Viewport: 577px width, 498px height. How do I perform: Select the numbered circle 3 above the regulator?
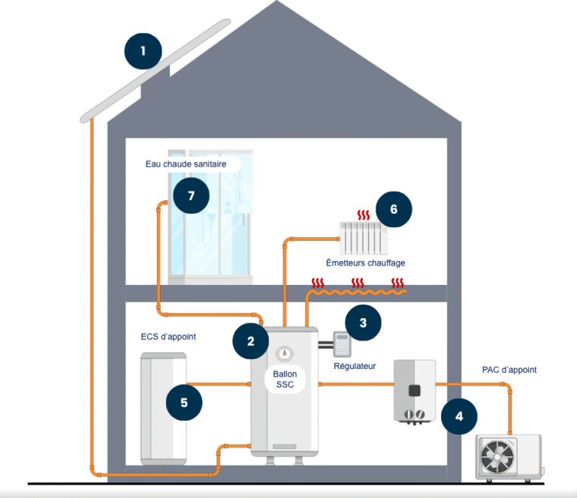click(364, 323)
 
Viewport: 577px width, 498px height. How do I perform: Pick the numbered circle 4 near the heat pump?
click(459, 415)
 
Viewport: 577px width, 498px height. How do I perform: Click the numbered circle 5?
click(184, 403)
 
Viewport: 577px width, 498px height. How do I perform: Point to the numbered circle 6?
click(394, 208)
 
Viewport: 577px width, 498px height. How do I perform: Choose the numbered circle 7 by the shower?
click(191, 196)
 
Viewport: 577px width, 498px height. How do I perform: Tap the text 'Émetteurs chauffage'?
click(366, 263)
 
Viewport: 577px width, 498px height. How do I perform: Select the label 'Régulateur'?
click(355, 366)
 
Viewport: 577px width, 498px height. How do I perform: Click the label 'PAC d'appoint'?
click(509, 370)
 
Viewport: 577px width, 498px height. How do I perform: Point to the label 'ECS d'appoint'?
click(168, 337)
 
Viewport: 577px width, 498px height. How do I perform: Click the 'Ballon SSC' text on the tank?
click(285, 379)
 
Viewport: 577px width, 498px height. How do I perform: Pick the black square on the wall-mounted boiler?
click(414, 390)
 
